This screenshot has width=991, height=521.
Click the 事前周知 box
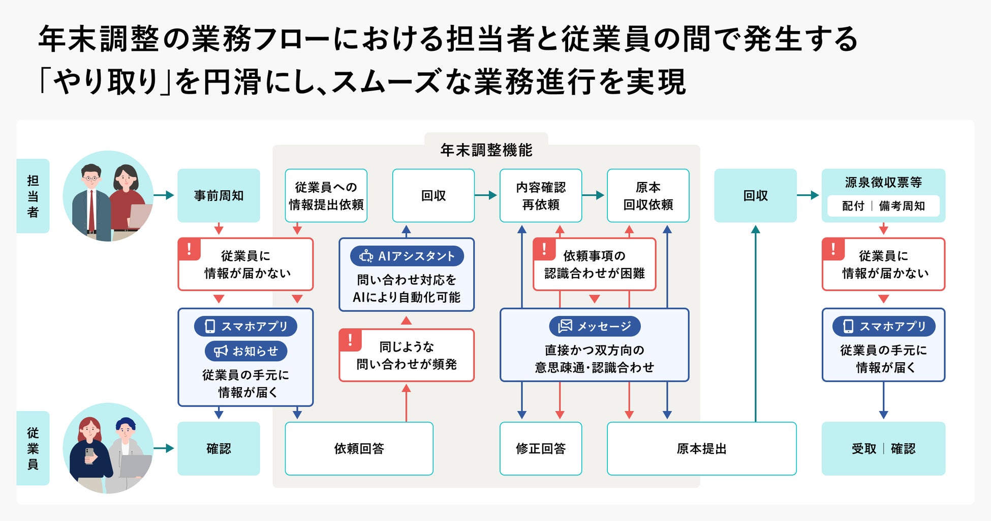tap(219, 195)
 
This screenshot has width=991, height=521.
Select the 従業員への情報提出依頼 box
tap(326, 195)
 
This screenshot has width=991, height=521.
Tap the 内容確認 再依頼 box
tap(541, 195)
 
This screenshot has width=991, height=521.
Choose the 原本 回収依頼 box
tap(648, 195)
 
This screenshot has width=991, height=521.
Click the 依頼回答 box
tap(359, 448)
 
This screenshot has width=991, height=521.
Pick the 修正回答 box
tap(541, 448)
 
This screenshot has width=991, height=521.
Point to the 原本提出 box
tap(701, 448)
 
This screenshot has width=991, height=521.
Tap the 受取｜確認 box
tap(883, 448)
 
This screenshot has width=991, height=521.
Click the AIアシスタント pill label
tap(407, 256)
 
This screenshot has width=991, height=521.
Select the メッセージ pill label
tap(595, 326)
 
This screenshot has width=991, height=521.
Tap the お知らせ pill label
tap(246, 351)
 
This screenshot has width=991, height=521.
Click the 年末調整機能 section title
tap(486, 150)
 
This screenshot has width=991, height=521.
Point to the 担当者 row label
tap(33, 196)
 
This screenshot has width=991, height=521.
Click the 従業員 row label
tap(33, 448)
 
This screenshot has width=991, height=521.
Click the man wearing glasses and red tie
tap(91, 202)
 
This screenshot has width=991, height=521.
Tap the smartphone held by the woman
tap(89, 455)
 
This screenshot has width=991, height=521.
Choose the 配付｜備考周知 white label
tap(883, 206)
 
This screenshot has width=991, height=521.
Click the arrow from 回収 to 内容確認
tap(486, 195)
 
